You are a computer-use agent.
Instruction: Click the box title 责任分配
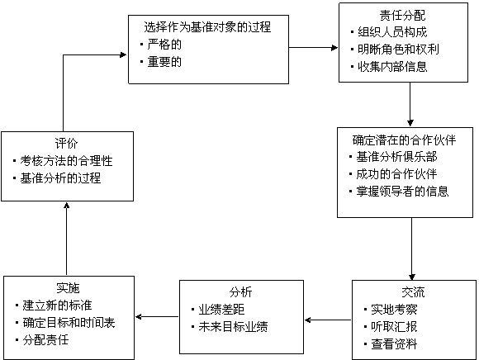point(403,15)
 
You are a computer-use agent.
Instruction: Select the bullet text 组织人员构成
point(392,32)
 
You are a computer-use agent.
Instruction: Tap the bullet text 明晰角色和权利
point(398,50)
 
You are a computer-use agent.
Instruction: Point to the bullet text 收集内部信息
point(392,67)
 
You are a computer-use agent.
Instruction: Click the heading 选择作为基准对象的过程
point(207,27)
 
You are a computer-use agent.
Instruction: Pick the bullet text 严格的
point(164,45)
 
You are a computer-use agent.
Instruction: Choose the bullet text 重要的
point(164,62)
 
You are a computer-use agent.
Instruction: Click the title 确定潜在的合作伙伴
point(404,140)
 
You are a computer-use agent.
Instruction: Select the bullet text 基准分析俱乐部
point(396,157)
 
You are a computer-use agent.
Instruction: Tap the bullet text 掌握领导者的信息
point(402,192)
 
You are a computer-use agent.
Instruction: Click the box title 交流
point(413,292)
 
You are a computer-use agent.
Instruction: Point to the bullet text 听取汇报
point(394,327)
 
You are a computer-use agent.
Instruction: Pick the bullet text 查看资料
point(394,344)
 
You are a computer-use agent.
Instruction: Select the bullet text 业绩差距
point(221,310)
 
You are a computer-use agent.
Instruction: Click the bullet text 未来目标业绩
point(233,327)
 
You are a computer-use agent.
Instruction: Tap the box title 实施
point(68,288)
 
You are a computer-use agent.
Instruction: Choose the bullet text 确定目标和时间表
point(69,323)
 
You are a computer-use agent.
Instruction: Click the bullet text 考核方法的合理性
point(66,161)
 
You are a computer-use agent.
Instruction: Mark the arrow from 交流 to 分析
point(328,320)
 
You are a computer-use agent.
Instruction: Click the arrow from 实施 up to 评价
point(66,239)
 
